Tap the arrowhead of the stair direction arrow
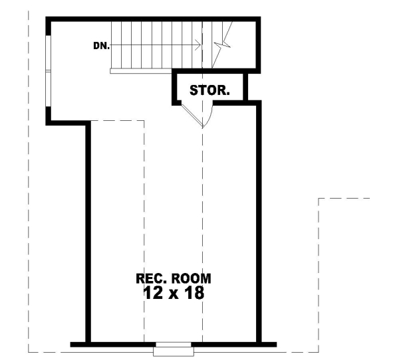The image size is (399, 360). pos(198,46)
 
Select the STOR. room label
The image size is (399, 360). pos(210,90)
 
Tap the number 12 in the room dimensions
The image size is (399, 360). pos(152,293)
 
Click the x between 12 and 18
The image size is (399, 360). pos(172,294)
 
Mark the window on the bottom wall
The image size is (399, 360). pos(172,345)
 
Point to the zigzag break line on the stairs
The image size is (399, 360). pos(225,40)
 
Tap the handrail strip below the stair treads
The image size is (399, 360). pos(144,72)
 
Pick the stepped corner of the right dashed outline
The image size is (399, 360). pos(320,198)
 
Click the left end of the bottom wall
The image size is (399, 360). pos(72,343)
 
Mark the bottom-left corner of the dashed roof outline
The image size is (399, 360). pos(29,351)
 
